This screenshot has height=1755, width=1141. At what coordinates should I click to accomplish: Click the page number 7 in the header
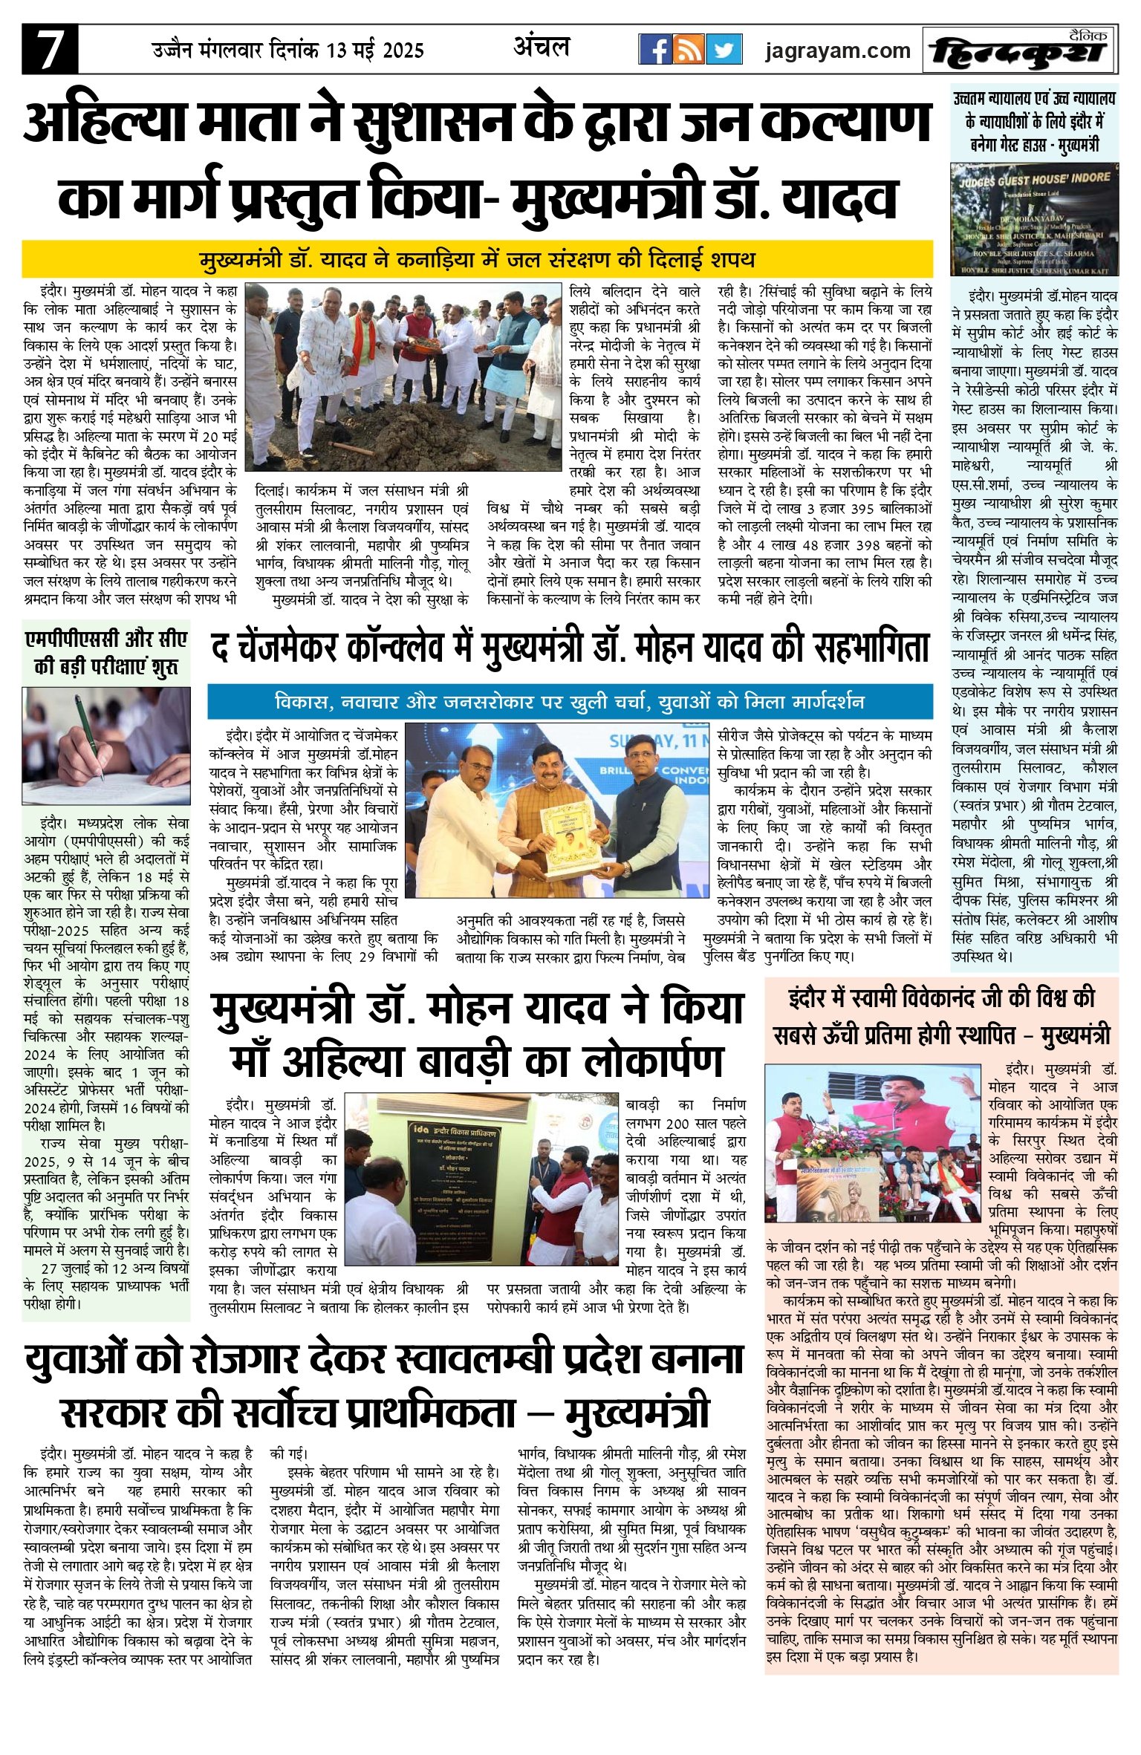click(49, 49)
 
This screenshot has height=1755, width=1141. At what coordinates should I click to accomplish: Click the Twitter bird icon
click(724, 50)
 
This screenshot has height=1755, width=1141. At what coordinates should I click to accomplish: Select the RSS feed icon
click(690, 50)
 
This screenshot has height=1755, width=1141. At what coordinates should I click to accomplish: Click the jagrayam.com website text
click(837, 51)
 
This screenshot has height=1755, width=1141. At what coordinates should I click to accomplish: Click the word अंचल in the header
click(542, 48)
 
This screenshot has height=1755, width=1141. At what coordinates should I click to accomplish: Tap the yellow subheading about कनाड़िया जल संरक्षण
click(477, 260)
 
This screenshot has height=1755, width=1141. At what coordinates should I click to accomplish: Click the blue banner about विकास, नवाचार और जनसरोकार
click(569, 701)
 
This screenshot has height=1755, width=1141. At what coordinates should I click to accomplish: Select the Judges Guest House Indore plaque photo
click(1034, 219)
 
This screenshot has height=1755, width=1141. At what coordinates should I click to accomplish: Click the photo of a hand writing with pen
click(105, 746)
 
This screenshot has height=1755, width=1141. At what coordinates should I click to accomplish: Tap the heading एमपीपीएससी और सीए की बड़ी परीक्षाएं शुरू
click(106, 652)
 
